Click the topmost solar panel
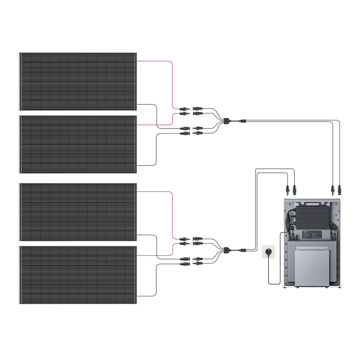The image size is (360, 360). [x=78, y=81]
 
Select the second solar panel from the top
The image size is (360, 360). [x=78, y=144]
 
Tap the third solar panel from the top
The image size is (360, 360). [x=78, y=212]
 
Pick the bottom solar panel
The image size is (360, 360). [x=78, y=275]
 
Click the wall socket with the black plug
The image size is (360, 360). [x=268, y=252]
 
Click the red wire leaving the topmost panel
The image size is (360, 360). [x=155, y=61]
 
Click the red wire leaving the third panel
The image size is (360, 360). [x=155, y=192]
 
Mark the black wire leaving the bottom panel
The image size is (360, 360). [x=148, y=296]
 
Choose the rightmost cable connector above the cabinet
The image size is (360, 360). [x=339, y=188]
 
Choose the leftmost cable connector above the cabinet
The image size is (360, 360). [x=287, y=188]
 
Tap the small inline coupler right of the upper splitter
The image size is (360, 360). [x=243, y=121]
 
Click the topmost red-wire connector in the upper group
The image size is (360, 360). [x=186, y=108]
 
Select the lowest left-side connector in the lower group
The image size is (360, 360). [x=186, y=264]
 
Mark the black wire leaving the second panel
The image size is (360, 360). [x=148, y=165]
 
